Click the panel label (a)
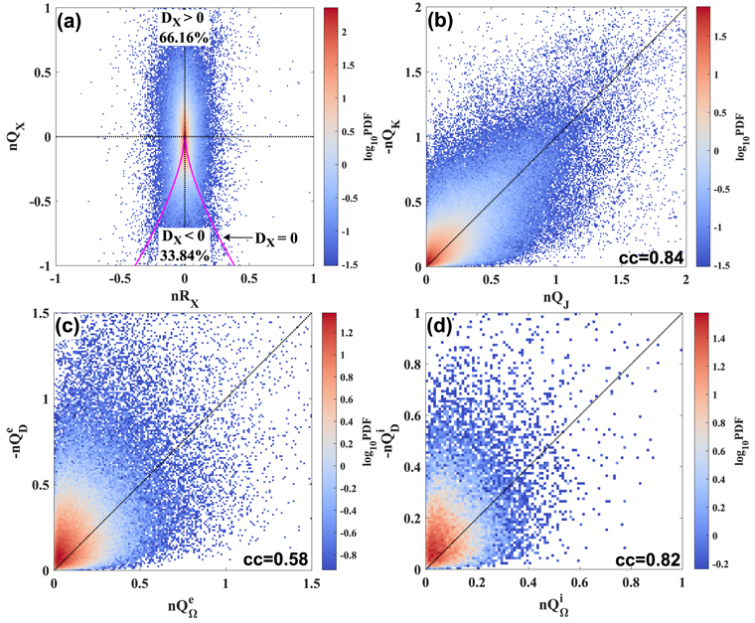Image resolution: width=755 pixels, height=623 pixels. (x=77, y=21)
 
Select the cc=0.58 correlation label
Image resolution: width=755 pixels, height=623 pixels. (x=275, y=558)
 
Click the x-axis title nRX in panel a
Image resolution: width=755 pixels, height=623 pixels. (x=185, y=296)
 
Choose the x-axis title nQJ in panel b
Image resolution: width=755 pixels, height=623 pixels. (x=554, y=297)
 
